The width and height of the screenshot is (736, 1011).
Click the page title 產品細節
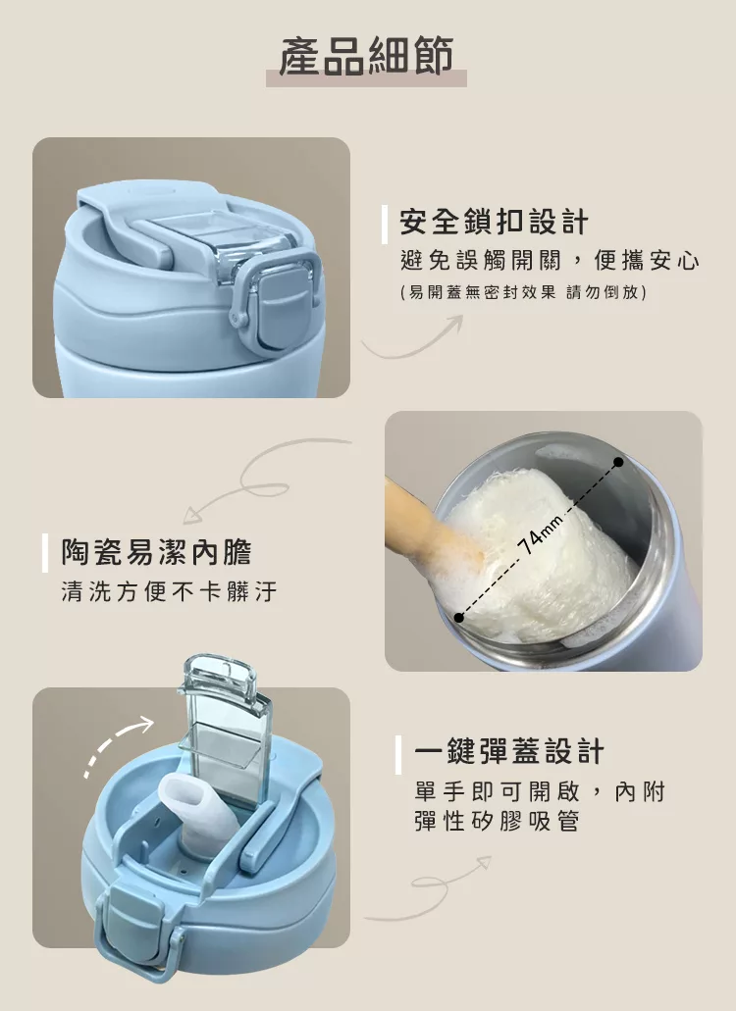(x=366, y=56)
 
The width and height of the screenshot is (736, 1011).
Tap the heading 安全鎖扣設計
(x=494, y=223)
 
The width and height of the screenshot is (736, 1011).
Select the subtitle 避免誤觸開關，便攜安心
(x=550, y=261)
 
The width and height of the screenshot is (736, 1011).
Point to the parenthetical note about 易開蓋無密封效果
(x=523, y=292)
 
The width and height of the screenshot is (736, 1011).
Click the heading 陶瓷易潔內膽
(x=157, y=552)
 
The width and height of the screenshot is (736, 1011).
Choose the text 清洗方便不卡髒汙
(x=169, y=590)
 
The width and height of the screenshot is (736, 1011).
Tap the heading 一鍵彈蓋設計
(x=509, y=752)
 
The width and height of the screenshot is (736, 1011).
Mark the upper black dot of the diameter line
(x=618, y=462)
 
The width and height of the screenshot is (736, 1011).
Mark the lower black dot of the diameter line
(x=458, y=618)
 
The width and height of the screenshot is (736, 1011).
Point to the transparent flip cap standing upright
(x=225, y=729)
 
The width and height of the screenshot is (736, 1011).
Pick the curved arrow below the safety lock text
(x=413, y=337)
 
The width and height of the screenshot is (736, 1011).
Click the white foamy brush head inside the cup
(x=541, y=554)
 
